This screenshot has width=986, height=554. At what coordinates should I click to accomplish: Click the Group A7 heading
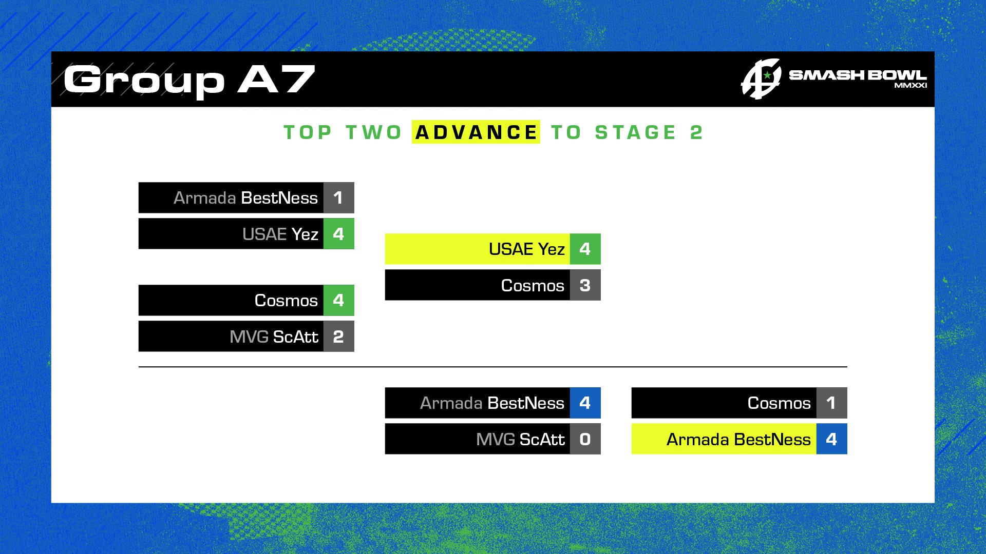[189, 80]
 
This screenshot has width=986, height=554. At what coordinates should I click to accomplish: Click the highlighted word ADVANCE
[476, 132]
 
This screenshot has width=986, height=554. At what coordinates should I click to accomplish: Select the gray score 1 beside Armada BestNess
[338, 197]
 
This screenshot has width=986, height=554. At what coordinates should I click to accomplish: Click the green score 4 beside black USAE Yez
[338, 234]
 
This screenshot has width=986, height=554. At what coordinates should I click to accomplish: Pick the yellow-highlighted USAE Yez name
[527, 249]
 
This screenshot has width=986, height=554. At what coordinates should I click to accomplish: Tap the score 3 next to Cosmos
[585, 285]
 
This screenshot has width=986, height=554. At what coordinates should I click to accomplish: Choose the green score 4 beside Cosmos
[338, 300]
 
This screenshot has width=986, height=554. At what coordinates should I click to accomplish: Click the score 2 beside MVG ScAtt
[338, 337]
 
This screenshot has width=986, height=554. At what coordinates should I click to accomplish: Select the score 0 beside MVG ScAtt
[585, 439]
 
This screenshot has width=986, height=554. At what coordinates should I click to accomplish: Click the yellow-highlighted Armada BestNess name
[738, 440]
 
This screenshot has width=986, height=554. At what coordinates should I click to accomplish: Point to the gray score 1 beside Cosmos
[831, 403]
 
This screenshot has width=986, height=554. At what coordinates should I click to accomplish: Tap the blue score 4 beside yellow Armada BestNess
[831, 439]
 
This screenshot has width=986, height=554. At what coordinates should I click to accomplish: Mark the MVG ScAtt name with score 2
[274, 337]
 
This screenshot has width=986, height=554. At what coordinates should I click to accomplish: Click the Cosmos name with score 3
[533, 286]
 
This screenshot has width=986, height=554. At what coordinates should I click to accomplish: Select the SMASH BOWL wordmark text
[858, 75]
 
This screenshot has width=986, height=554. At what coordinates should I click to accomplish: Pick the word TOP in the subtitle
[308, 132]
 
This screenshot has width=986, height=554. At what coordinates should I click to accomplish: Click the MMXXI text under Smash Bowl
[911, 86]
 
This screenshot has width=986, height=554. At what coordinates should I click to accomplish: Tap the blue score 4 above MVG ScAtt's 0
[585, 403]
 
